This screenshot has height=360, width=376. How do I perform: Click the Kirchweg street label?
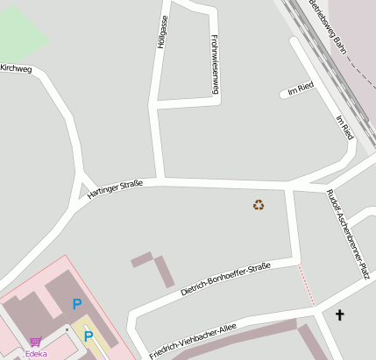click(x=16, y=67)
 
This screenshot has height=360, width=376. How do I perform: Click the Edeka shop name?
click(x=36, y=354)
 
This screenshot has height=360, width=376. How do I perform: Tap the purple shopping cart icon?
click(x=35, y=342)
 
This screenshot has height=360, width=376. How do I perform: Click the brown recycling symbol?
click(x=259, y=205)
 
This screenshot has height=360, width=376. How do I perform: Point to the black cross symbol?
click(x=339, y=314)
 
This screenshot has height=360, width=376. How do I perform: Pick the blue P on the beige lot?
click(x=88, y=335)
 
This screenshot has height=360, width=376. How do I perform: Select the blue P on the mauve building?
click(x=77, y=305)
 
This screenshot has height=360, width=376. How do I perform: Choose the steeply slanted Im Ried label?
click(x=344, y=127)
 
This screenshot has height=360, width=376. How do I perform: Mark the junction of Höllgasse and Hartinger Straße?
click(x=160, y=181)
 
